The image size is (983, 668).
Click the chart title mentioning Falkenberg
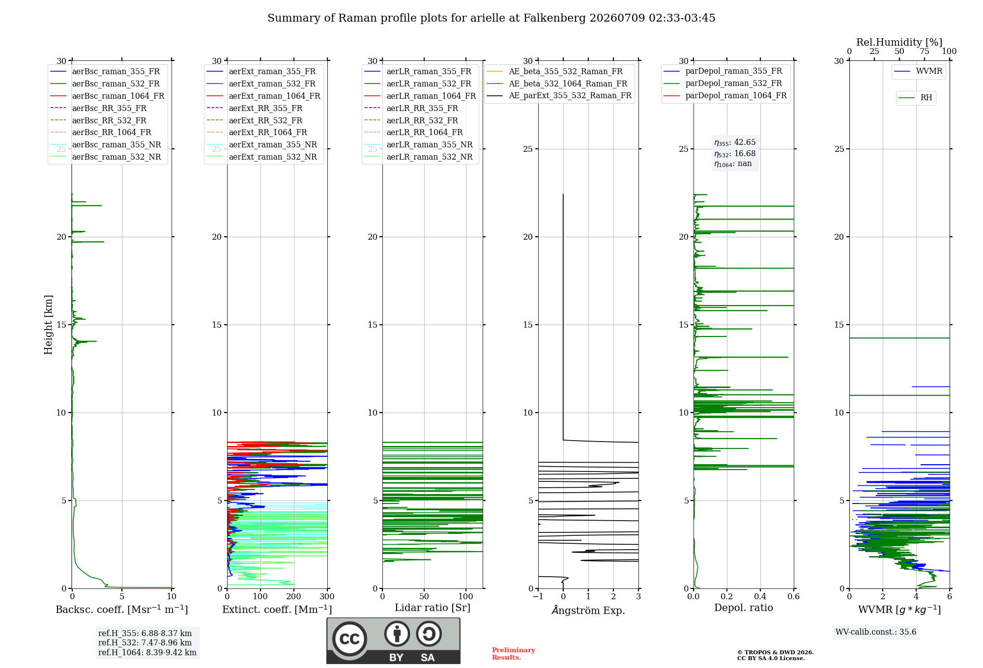coord(491,18)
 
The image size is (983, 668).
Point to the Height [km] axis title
coord(48,325)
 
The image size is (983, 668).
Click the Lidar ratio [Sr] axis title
coord(433,608)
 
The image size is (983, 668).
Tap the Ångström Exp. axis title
coord(588,610)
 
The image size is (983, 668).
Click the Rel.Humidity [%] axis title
coord(899,42)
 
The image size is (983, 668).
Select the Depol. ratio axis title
coord(744,608)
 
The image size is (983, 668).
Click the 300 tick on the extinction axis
coord(327,597)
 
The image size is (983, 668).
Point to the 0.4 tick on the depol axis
coord(760,597)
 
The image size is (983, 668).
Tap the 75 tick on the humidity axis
coord(925,52)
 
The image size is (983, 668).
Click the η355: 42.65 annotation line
coord(735,142)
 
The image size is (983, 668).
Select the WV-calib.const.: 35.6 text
coord(876,632)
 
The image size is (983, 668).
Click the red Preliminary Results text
coord(514,654)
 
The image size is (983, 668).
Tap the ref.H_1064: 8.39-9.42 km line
coord(147,653)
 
